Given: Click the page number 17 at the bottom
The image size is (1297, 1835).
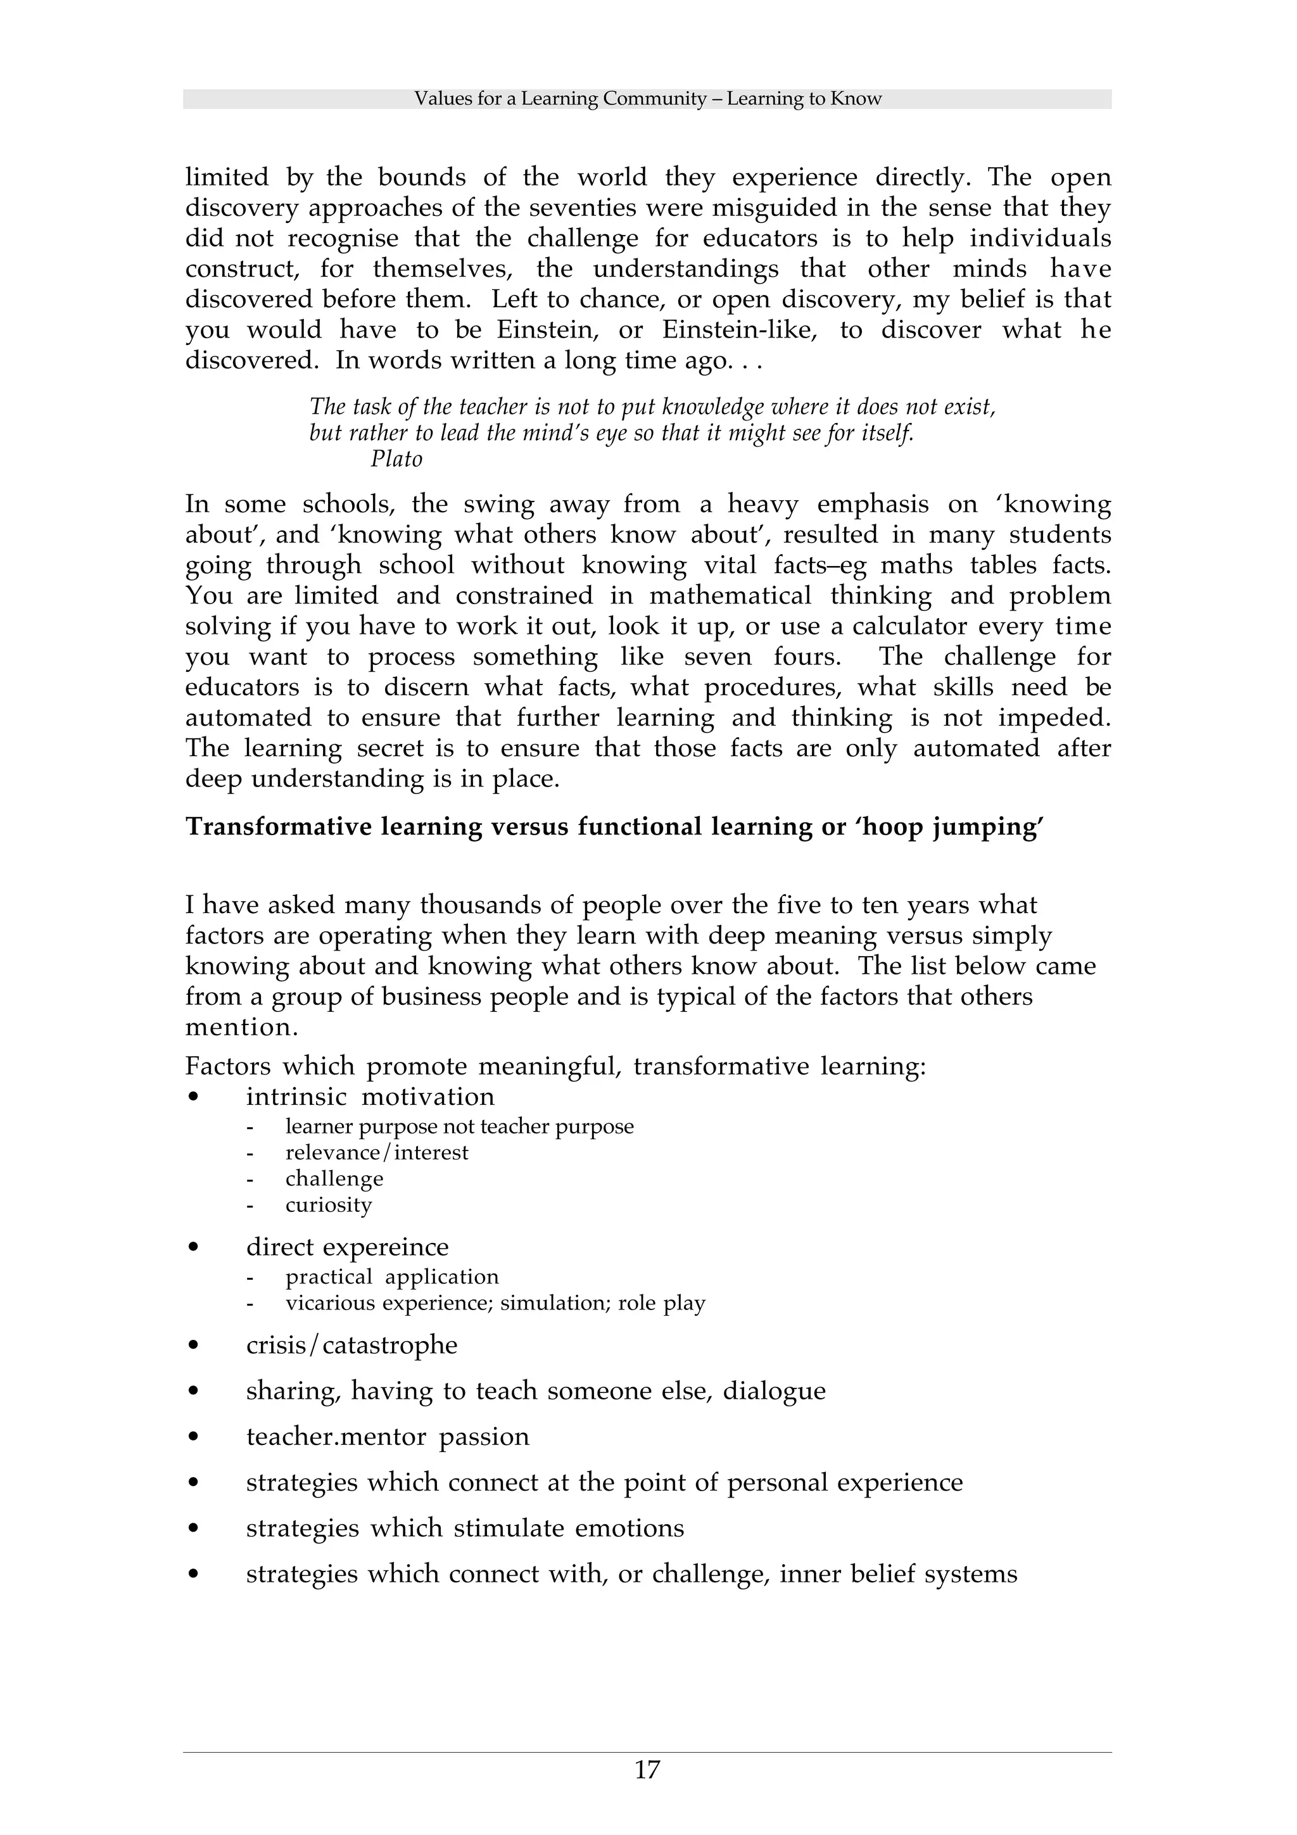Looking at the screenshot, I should point(647,1770).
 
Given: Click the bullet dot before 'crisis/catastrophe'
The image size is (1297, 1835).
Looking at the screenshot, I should point(193,1346).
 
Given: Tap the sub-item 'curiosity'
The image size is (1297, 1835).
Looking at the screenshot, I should point(329,1204).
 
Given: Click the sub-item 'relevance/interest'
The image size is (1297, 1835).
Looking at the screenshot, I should point(376,1152).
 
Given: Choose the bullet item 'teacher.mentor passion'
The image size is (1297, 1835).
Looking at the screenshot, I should point(388,1436).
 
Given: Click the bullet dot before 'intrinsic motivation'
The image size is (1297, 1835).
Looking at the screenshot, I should point(193,1097).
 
